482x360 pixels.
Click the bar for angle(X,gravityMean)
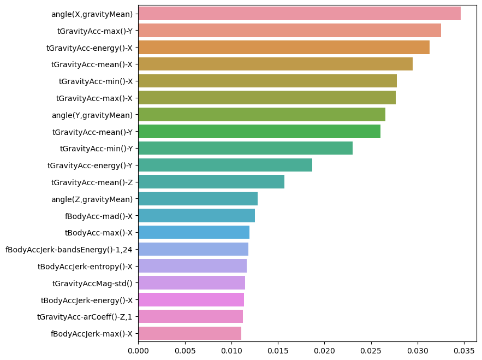[x=299, y=14]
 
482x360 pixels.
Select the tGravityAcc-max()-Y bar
[x=289, y=31]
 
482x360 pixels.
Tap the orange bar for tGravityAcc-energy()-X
[x=284, y=48]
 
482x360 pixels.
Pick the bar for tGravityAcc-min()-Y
[x=246, y=148]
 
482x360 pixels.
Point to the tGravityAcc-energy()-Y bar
[x=225, y=165]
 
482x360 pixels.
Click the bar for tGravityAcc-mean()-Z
[x=211, y=182]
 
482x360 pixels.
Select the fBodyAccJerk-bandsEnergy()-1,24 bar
[x=193, y=249]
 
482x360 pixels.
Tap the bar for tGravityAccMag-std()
[x=192, y=283]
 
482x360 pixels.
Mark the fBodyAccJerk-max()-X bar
[x=190, y=333]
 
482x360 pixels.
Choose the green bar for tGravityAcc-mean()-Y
[x=259, y=132]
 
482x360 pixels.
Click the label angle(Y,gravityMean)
[x=92, y=115]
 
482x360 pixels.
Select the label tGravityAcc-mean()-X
[x=92, y=64]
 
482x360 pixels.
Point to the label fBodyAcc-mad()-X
[x=99, y=216]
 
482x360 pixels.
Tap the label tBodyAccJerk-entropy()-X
[x=85, y=267]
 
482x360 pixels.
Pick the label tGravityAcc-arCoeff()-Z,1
[x=85, y=317]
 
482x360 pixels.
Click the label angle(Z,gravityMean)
[x=92, y=200]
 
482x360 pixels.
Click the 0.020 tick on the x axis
[x=325, y=351]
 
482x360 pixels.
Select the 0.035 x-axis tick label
[x=464, y=351]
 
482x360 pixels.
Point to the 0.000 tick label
[x=139, y=351]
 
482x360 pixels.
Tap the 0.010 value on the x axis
[x=231, y=351]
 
